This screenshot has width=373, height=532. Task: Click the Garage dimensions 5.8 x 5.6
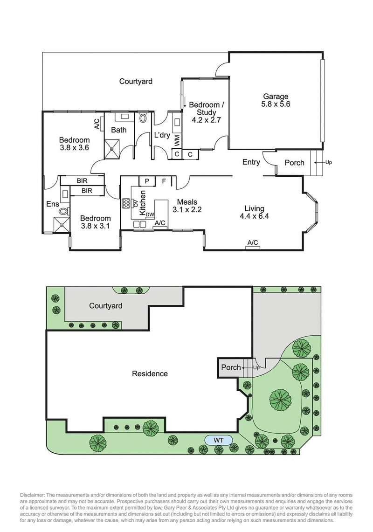[x=275, y=104]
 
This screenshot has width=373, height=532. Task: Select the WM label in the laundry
[x=177, y=139]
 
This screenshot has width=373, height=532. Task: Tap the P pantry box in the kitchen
[x=147, y=181]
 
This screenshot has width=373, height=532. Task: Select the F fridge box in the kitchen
[x=164, y=181]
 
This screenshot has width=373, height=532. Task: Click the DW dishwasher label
[x=150, y=214]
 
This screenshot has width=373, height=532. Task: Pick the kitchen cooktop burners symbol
[x=126, y=203]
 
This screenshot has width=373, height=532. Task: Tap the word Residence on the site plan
[x=150, y=373]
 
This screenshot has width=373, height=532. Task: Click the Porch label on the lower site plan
[x=231, y=367]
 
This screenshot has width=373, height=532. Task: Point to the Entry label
[x=251, y=162]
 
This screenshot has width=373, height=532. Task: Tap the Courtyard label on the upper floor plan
[x=136, y=81]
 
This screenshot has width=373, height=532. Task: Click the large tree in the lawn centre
[x=281, y=399]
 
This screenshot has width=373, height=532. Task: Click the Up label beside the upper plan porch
[x=329, y=163]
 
